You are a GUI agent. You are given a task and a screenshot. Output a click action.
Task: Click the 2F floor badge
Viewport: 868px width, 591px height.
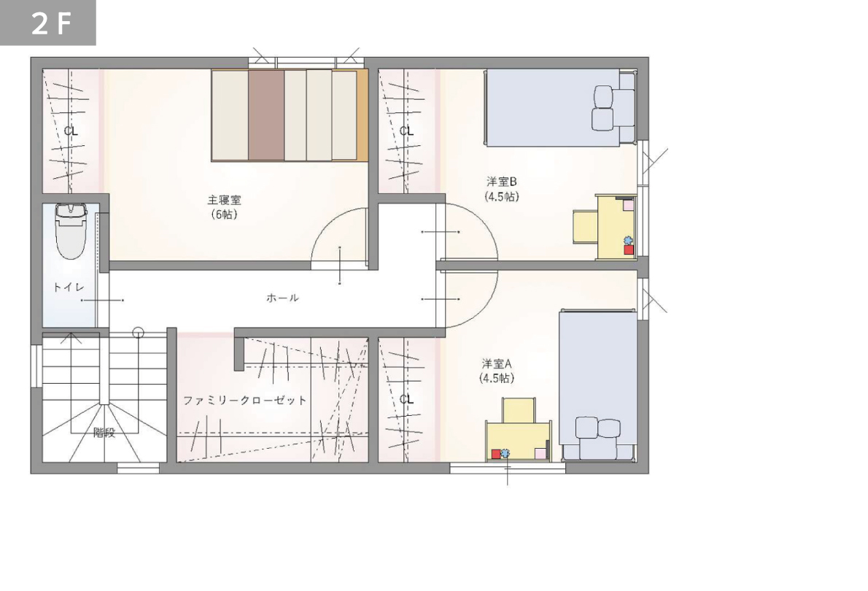[47, 23]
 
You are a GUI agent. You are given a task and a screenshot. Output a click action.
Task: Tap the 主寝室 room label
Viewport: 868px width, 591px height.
[224, 200]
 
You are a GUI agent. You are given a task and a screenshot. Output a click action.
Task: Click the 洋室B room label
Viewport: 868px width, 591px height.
[502, 182]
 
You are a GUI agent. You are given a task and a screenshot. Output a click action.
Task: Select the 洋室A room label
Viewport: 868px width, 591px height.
[497, 364]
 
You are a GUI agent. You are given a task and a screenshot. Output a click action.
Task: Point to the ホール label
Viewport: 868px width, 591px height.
[282, 298]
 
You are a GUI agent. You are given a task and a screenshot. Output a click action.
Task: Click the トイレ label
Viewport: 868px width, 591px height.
[69, 287]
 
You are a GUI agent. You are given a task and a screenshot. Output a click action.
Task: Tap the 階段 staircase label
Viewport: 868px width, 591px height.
[104, 433]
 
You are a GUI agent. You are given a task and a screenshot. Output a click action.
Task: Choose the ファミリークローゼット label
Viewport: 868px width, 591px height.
[244, 400]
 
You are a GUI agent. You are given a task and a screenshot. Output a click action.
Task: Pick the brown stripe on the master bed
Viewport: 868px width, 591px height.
[266, 115]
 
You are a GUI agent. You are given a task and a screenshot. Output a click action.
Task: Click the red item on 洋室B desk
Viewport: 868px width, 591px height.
[629, 250]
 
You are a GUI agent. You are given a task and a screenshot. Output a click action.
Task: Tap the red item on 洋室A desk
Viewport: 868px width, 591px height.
[495, 454]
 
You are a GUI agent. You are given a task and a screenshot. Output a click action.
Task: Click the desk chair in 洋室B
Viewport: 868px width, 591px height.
[584, 226]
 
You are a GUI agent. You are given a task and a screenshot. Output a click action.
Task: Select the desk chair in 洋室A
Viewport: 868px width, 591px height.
[519, 410]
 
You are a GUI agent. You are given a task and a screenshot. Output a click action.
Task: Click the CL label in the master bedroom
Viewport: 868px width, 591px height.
[71, 131]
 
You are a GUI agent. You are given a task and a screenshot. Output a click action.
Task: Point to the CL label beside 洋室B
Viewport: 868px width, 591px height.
[406, 131]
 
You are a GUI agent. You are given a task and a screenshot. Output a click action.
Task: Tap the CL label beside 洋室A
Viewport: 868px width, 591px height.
[406, 399]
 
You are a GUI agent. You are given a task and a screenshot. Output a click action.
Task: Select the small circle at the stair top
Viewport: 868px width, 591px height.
[139, 333]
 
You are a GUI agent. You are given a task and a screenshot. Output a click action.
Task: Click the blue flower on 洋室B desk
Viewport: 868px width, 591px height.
[628, 240]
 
